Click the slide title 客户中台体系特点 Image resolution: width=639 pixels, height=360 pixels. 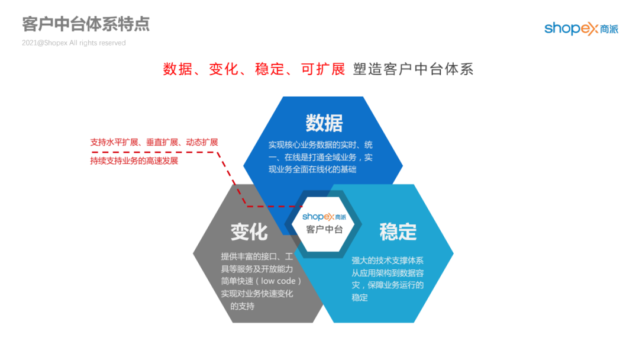(x=86, y=24)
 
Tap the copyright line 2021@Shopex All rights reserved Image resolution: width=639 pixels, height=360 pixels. (x=74, y=43)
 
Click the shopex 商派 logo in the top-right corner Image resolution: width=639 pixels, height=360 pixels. (x=581, y=28)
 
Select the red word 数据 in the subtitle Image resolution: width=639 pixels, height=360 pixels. (x=177, y=69)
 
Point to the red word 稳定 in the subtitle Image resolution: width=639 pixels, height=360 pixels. (x=270, y=69)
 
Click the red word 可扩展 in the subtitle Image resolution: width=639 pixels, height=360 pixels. (x=323, y=69)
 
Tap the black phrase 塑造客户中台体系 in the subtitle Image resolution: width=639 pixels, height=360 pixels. (x=413, y=69)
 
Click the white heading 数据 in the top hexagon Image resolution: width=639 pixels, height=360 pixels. (x=324, y=123)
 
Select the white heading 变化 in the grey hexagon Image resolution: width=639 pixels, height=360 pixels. (x=249, y=232)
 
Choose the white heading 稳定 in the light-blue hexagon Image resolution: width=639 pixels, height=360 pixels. (x=398, y=232)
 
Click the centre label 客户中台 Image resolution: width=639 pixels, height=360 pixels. (x=324, y=229)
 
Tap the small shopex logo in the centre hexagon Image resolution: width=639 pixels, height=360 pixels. (x=324, y=217)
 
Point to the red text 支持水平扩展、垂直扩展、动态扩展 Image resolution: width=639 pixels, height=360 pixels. (x=154, y=142)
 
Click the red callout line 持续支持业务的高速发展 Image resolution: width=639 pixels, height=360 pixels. (x=134, y=160)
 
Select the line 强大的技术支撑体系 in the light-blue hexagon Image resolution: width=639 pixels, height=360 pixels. (x=387, y=260)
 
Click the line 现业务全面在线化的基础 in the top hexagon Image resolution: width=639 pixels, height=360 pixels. (x=312, y=169)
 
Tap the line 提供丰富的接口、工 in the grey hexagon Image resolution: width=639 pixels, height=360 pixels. (x=257, y=256)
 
